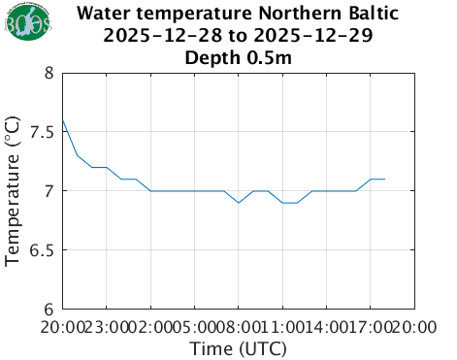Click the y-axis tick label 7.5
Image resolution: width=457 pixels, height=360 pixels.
tap(41, 132)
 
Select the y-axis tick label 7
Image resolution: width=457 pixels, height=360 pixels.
tap(49, 191)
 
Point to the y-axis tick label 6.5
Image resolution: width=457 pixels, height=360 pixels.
tap(41, 250)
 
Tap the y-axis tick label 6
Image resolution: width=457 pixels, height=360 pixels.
tap(49, 310)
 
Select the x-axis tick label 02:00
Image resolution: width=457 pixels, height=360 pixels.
tap(151, 328)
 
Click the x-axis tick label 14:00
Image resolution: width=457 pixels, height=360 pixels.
tap(327, 328)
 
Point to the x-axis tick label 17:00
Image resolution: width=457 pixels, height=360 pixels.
tap(371, 328)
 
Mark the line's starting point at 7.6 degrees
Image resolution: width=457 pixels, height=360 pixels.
tap(63, 120)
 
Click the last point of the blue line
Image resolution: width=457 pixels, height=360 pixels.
tap(385, 180)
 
